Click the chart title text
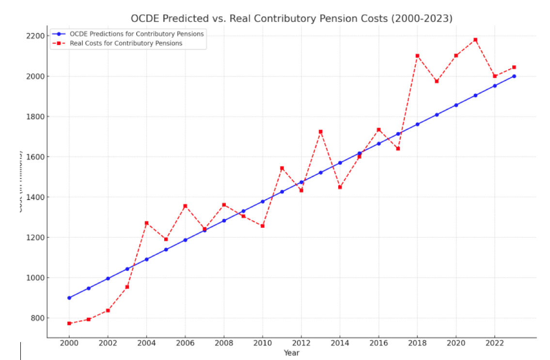pyautogui.click(x=291, y=18)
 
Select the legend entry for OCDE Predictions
pyautogui.click(x=137, y=34)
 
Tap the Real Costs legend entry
pyautogui.click(x=126, y=43)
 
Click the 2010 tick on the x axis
pyautogui.click(x=263, y=343)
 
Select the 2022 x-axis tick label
pyautogui.click(x=495, y=343)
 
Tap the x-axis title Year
pyautogui.click(x=292, y=353)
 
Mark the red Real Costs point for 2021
pyautogui.click(x=475, y=40)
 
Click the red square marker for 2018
pyautogui.click(x=417, y=56)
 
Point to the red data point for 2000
pyautogui.click(x=69, y=323)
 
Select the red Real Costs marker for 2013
pyautogui.click(x=320, y=132)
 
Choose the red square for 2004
pyautogui.click(x=146, y=223)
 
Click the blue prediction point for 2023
pyautogui.click(x=514, y=76)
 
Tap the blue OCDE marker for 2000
pyautogui.click(x=69, y=298)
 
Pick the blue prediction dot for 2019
pyautogui.click(x=437, y=115)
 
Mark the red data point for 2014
pyautogui.click(x=340, y=187)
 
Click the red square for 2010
pyautogui.click(x=263, y=226)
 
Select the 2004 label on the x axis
pyautogui.click(x=146, y=343)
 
